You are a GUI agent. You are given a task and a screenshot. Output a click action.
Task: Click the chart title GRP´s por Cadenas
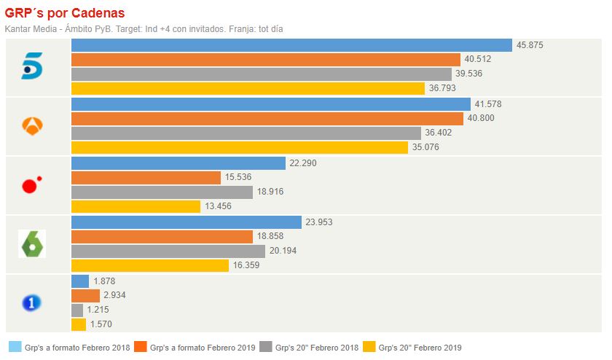[x=65, y=13]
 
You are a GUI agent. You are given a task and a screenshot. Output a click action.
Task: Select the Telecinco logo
[x=32, y=67]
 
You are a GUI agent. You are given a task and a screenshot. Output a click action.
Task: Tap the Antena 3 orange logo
[x=32, y=126]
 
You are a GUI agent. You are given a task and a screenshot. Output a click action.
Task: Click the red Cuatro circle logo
[x=31, y=185]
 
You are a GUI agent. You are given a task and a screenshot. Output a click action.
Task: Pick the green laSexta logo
[x=32, y=244]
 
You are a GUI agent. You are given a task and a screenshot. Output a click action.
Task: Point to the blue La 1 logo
[x=32, y=302]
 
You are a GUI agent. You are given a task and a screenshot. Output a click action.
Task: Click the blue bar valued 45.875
[x=291, y=45]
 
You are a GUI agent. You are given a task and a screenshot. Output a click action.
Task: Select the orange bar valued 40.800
[x=267, y=118]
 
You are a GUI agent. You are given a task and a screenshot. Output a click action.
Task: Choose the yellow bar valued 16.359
[x=149, y=265]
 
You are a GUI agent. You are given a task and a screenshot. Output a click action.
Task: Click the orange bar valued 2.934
[x=85, y=295]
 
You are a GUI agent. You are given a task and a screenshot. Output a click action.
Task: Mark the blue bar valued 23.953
[x=186, y=222]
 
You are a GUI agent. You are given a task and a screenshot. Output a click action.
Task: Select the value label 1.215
[x=101, y=310]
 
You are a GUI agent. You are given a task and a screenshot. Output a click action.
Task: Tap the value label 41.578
[x=487, y=104]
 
